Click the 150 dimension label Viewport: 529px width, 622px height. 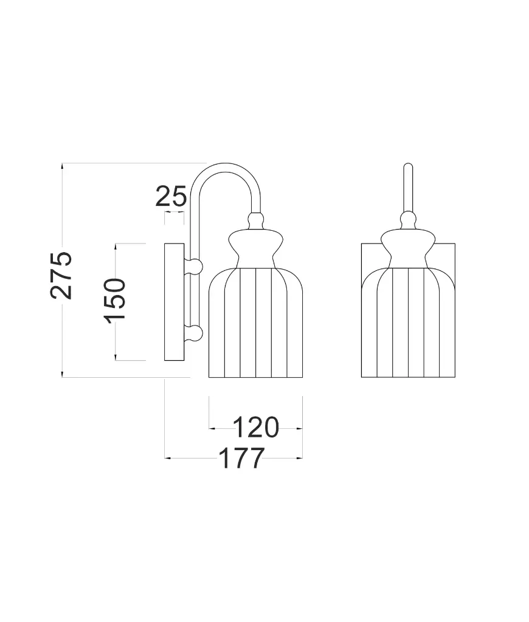coord(114,301)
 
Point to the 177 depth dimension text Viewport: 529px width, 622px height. coord(241,459)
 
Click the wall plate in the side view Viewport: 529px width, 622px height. coord(175,302)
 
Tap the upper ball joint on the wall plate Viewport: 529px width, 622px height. coord(194,265)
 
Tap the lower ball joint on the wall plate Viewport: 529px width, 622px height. coord(194,333)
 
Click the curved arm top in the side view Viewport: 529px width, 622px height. coord(226,168)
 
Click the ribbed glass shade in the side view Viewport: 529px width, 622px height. coord(256,322)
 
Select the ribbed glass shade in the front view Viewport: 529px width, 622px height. coord(408,322)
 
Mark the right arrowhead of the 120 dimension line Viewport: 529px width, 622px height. coord(299,428)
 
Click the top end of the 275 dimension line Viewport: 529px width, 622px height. coord(63,163)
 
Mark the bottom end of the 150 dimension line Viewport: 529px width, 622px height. coord(116,360)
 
